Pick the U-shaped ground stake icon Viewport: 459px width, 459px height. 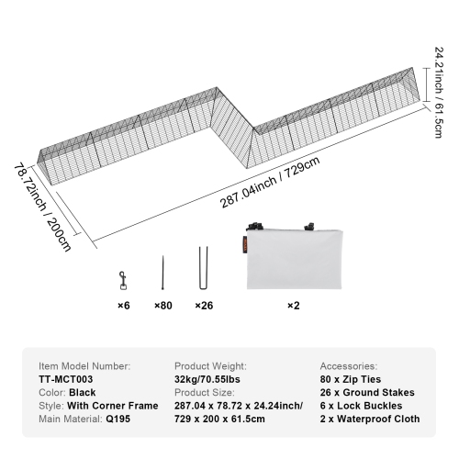203,268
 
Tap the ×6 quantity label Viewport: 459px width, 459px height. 122,306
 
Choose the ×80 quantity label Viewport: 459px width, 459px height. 163,306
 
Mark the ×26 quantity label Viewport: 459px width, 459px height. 204,306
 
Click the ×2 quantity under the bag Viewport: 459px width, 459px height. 293,306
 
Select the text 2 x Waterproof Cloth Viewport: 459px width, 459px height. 371,419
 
